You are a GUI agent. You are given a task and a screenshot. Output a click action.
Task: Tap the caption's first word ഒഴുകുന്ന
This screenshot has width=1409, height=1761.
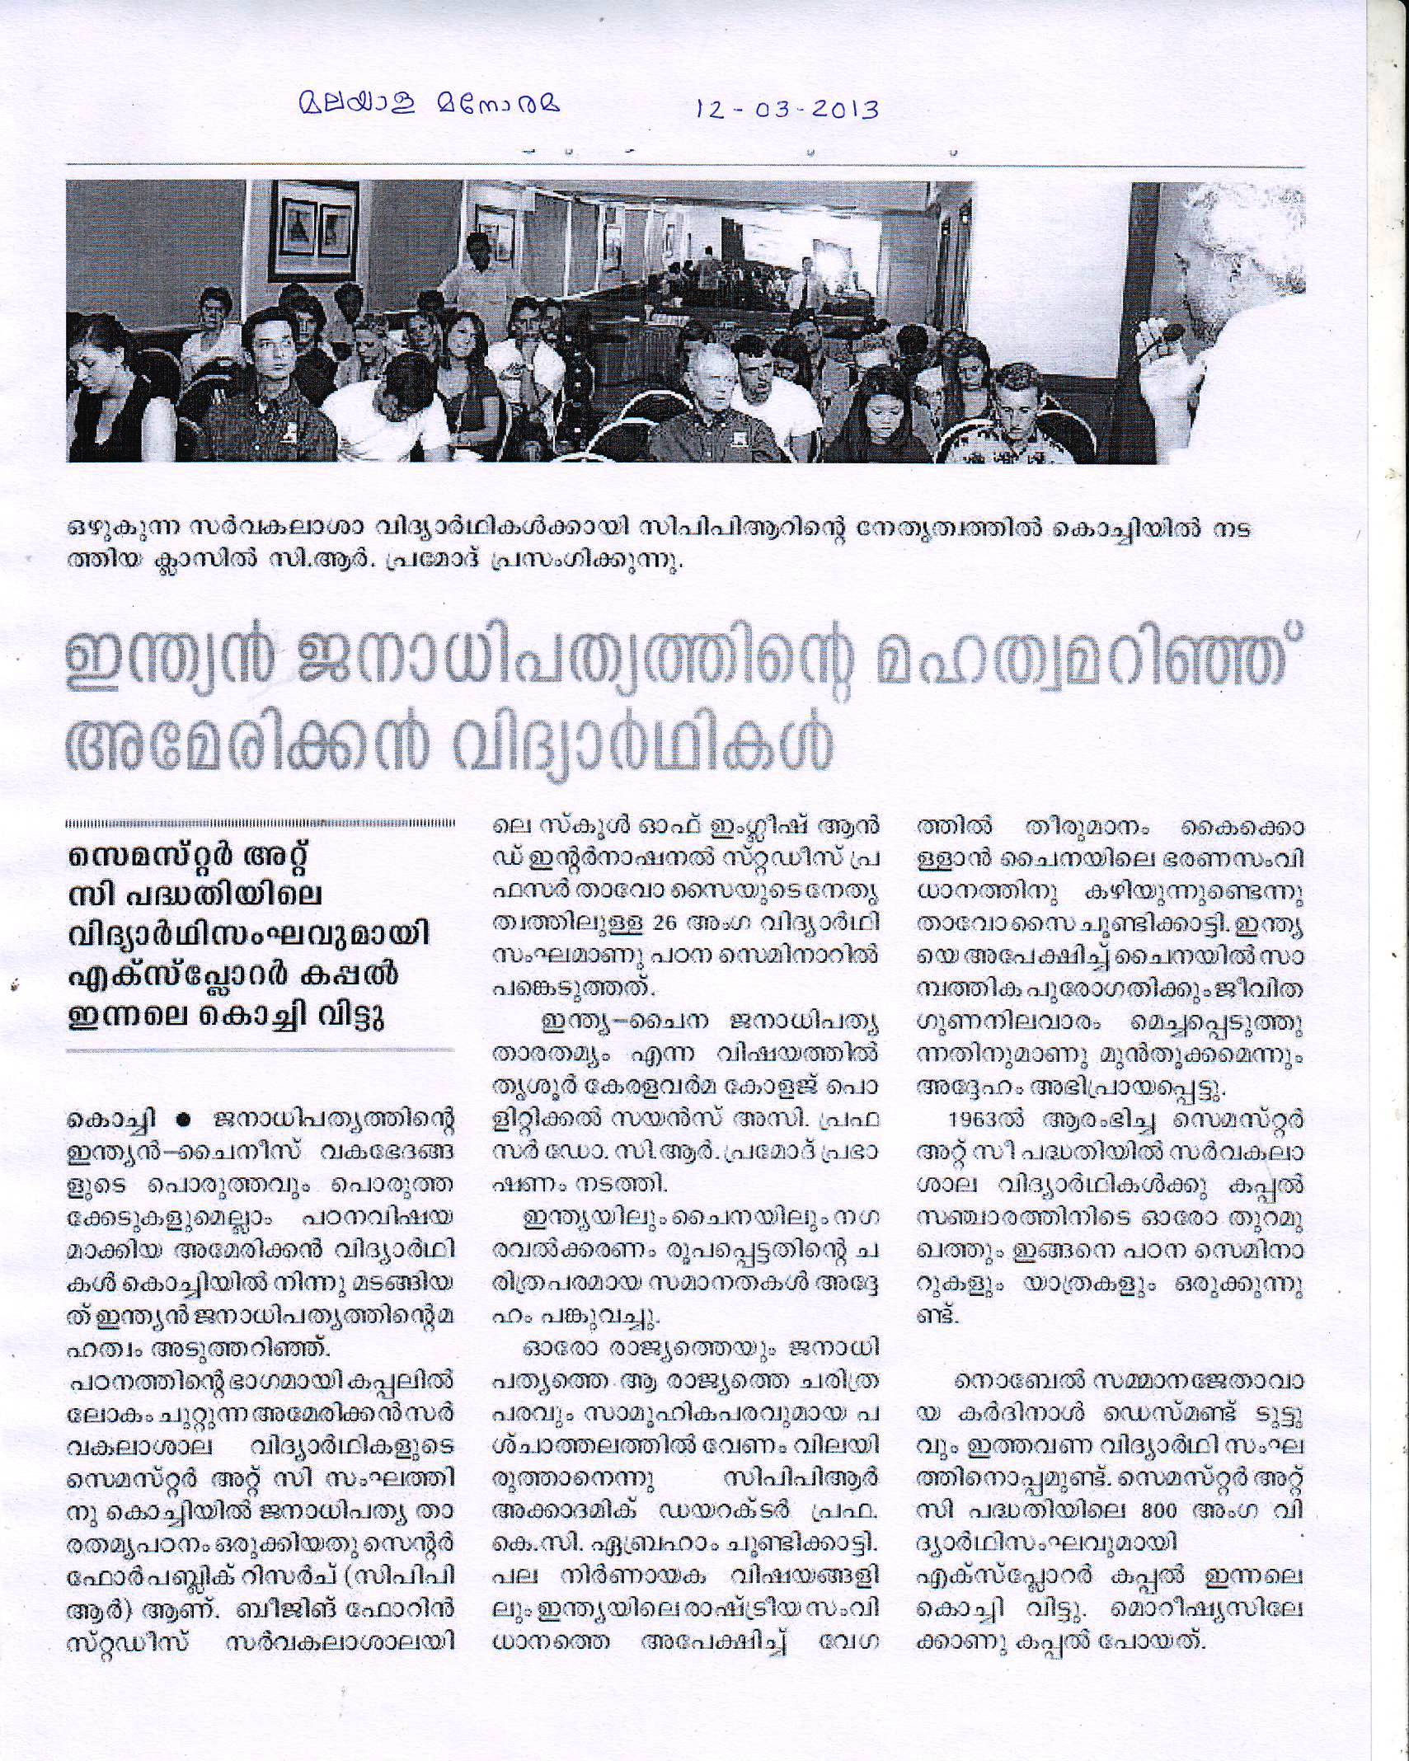pyautogui.click(x=114, y=531)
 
